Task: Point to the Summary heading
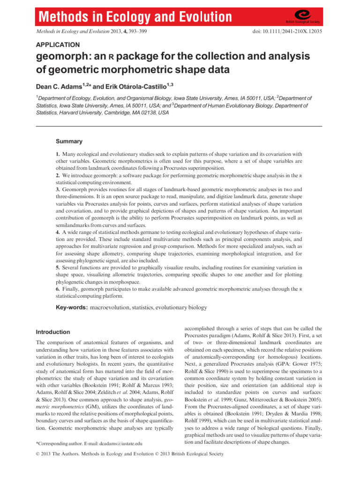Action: coord(69,142)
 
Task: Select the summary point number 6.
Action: coord(57,289)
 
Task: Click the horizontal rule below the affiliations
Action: coord(180,126)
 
